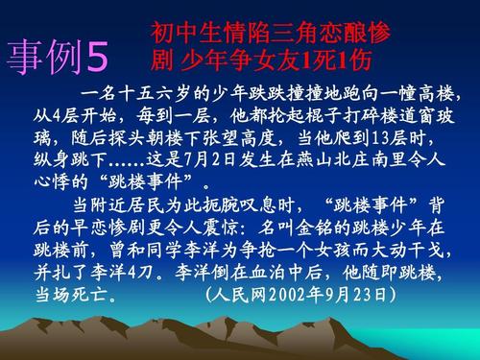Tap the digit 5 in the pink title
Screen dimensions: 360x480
(x=99, y=59)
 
